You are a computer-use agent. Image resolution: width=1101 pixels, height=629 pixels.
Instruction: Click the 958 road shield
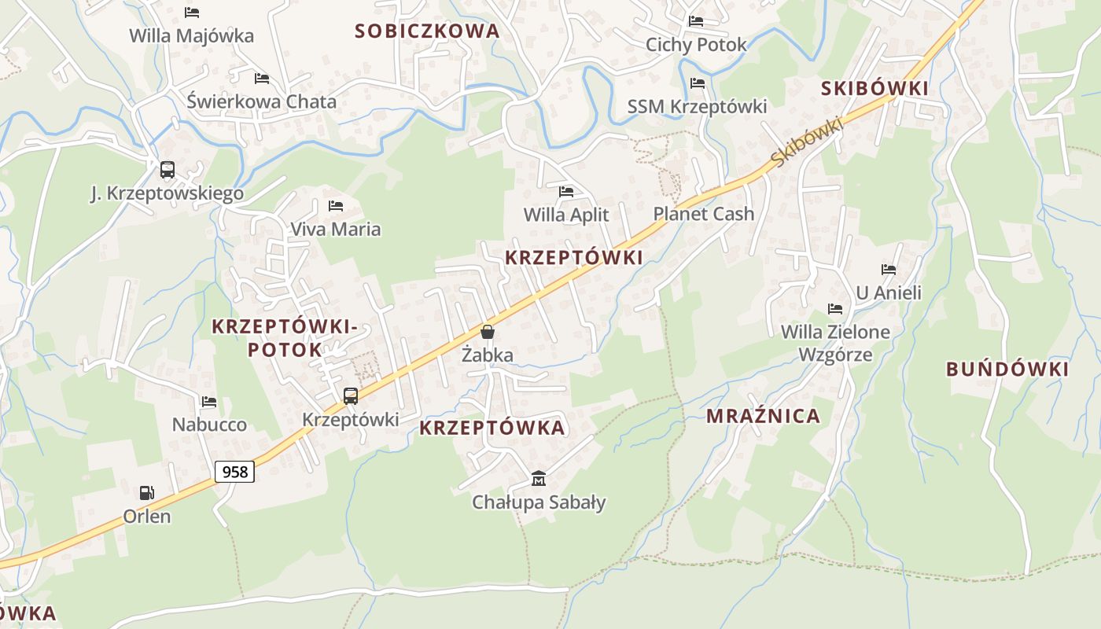click(234, 471)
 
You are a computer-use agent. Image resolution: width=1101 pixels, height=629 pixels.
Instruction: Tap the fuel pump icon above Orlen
click(146, 493)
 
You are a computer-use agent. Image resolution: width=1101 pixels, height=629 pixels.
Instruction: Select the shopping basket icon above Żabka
click(488, 332)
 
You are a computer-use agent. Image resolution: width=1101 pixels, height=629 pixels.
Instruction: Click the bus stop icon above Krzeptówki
click(351, 396)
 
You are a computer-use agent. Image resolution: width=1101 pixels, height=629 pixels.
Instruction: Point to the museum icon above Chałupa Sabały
click(539, 478)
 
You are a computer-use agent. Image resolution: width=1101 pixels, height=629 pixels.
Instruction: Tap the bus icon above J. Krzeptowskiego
click(167, 169)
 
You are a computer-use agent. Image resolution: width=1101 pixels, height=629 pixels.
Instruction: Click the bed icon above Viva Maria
click(336, 206)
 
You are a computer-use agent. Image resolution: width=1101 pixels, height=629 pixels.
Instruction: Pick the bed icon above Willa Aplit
click(566, 191)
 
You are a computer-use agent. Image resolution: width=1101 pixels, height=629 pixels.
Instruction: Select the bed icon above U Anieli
click(889, 270)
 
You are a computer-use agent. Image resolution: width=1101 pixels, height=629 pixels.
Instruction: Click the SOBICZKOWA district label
click(427, 31)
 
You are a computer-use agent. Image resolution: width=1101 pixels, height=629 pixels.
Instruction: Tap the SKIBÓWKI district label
click(875, 89)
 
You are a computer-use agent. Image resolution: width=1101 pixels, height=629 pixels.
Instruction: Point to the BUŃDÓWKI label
click(1007, 370)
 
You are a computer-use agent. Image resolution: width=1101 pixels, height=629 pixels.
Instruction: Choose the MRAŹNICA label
click(763, 416)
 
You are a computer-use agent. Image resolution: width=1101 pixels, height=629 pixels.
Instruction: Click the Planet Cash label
click(703, 214)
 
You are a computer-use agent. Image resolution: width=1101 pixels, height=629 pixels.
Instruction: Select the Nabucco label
click(209, 425)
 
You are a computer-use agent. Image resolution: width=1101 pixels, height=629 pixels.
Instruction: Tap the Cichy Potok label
click(696, 45)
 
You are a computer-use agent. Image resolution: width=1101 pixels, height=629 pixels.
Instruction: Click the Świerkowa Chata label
click(261, 101)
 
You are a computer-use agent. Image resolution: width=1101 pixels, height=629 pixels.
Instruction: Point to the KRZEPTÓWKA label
click(492, 428)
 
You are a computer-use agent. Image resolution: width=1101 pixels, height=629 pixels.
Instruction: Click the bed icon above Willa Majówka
click(192, 13)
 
